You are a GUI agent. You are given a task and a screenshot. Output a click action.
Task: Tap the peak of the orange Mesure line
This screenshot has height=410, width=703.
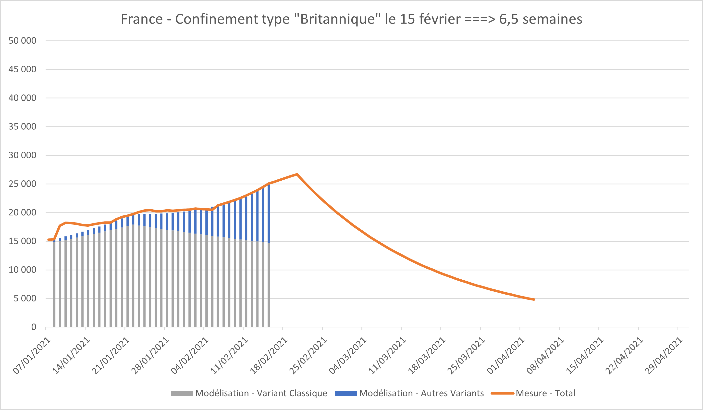[297, 174]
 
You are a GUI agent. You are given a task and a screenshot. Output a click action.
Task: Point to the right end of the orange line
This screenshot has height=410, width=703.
[534, 299]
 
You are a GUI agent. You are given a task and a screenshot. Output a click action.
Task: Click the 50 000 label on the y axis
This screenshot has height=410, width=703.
[22, 41]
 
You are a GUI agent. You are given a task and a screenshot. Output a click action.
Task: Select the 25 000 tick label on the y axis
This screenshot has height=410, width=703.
[22, 184]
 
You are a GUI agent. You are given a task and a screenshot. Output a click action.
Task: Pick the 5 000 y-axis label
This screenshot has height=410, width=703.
[25, 298]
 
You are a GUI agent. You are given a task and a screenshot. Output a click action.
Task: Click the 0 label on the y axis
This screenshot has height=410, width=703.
[34, 327]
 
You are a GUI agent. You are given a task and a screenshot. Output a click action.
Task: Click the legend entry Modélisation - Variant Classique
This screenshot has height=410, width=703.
[261, 393]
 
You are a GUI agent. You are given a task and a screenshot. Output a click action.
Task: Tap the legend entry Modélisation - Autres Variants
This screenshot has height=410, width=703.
[421, 393]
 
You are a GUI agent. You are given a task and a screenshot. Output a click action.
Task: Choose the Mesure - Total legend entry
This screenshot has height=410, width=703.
[545, 393]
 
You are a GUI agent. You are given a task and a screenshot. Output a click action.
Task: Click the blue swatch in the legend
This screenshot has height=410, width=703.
[346, 393]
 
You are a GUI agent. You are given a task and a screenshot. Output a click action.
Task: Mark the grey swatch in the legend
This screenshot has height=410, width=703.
[182, 393]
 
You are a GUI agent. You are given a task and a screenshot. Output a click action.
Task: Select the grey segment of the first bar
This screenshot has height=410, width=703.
[54, 285]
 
